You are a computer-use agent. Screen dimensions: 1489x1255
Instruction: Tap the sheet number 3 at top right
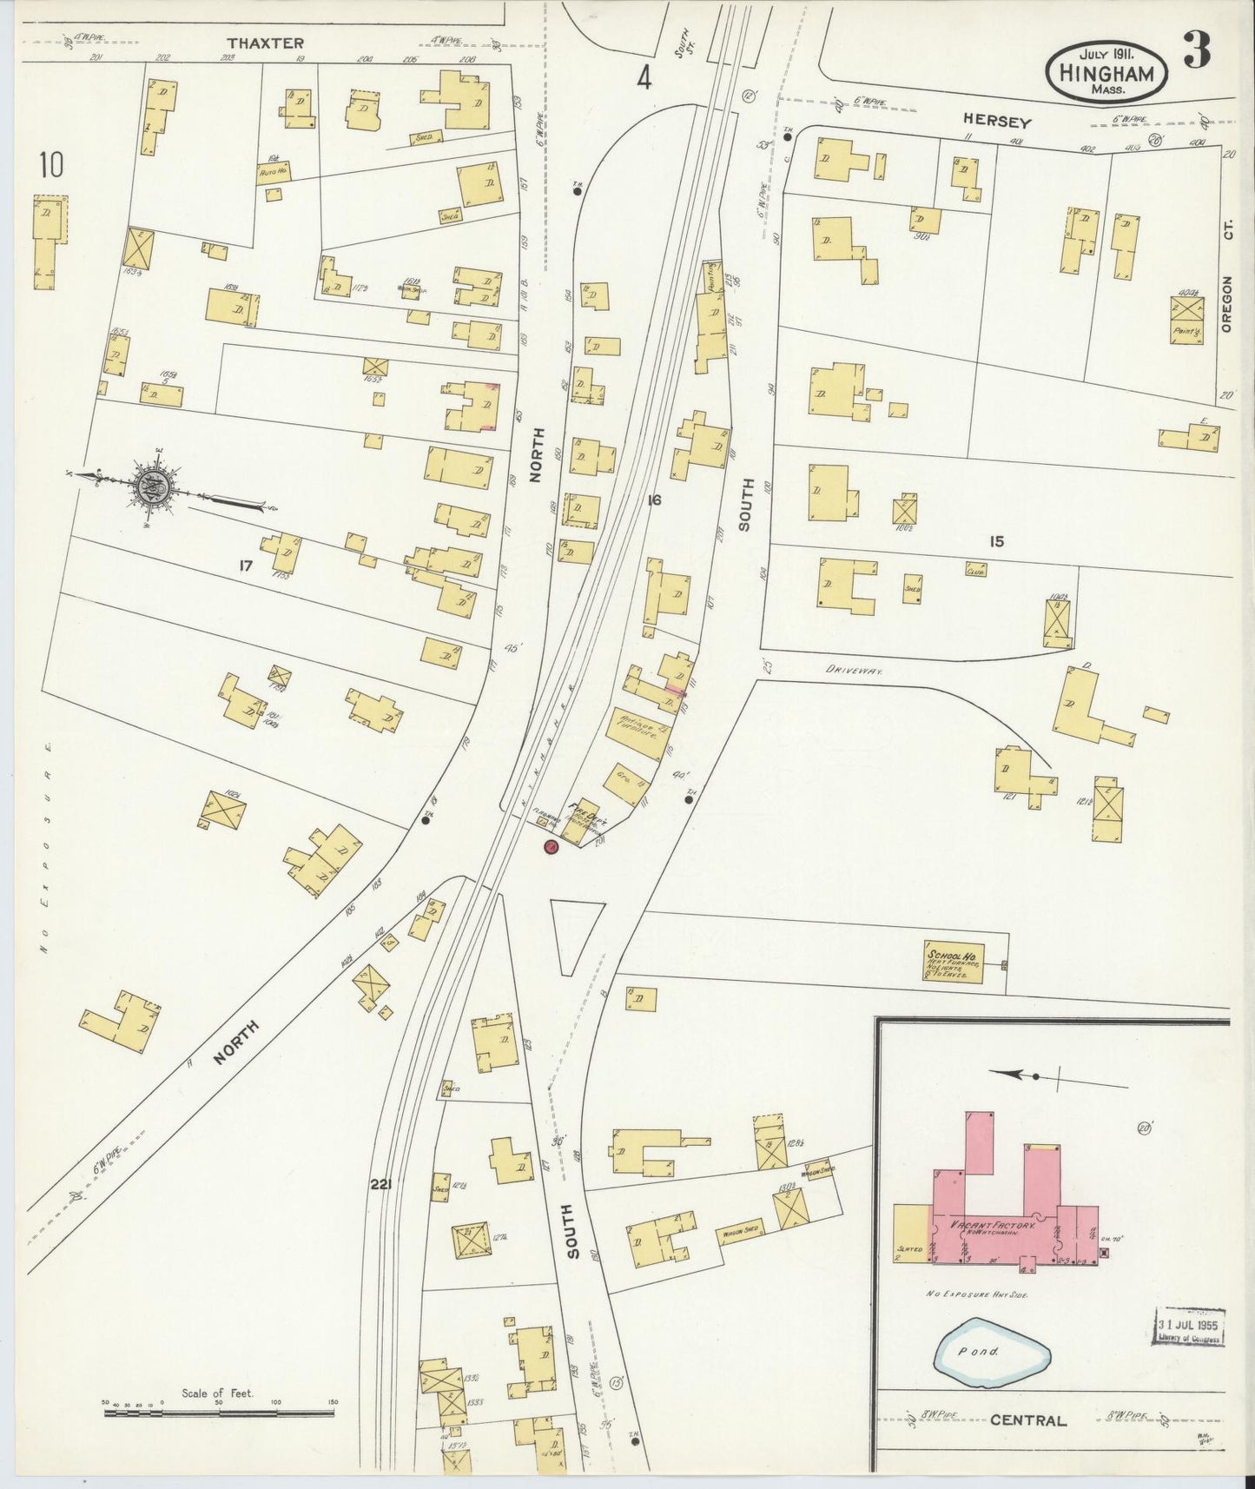(x=1197, y=53)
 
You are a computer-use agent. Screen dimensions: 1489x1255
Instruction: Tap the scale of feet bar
(x=218, y=1413)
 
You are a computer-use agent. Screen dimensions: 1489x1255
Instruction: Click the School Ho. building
(x=953, y=962)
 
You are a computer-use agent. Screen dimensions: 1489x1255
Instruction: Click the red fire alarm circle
(x=550, y=847)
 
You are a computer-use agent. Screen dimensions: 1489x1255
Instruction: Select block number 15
(x=995, y=541)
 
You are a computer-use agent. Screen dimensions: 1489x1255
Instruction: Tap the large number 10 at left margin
(x=51, y=165)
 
